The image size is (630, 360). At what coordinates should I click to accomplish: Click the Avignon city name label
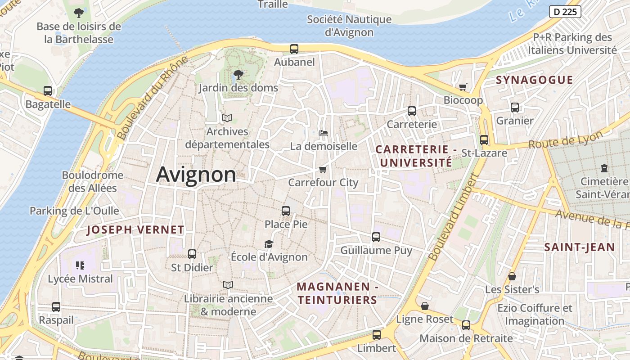[196, 175]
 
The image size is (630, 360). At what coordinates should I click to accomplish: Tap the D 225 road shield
[565, 12]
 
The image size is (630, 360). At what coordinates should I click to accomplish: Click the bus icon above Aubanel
[294, 49]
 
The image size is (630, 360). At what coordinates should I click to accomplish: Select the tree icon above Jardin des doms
[238, 75]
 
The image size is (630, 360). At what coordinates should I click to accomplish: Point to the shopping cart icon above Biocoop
[463, 87]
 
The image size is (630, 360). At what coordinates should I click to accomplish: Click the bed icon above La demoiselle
[324, 133]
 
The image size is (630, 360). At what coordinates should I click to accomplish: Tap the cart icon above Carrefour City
[323, 170]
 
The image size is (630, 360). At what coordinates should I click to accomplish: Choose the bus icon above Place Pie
[286, 211]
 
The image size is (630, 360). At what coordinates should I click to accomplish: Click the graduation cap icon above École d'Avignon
[269, 244]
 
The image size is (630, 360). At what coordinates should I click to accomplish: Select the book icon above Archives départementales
[227, 118]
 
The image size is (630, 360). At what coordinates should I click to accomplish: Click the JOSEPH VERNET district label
[135, 230]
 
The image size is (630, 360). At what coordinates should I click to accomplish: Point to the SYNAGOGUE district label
[534, 80]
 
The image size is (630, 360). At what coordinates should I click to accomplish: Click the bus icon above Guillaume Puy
[376, 237]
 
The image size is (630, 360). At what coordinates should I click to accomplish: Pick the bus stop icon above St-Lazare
[484, 140]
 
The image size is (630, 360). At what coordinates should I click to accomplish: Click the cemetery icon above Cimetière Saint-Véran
[604, 169]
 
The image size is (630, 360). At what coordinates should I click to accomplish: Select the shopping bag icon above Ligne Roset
[424, 306]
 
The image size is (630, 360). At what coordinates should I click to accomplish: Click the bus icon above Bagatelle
[48, 91]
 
